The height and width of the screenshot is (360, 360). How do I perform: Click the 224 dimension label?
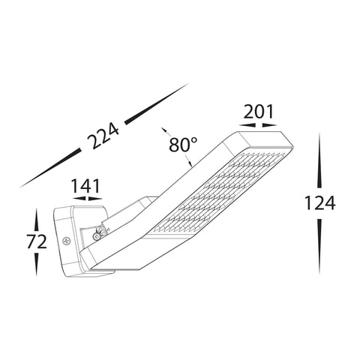click(x=103, y=136)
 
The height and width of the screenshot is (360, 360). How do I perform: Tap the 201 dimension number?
click(x=259, y=112)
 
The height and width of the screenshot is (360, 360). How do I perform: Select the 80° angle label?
click(x=183, y=145)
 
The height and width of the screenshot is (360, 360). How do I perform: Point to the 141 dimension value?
click(x=85, y=186)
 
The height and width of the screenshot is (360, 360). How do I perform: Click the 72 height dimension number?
click(x=37, y=241)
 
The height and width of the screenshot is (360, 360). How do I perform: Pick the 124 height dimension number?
click(x=319, y=202)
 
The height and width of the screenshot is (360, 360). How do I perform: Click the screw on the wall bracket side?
click(x=66, y=241)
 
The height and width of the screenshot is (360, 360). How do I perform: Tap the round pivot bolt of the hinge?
click(x=96, y=236)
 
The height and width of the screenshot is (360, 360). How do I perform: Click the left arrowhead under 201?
click(x=247, y=125)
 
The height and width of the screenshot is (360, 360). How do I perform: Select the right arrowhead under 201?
click(x=269, y=125)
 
